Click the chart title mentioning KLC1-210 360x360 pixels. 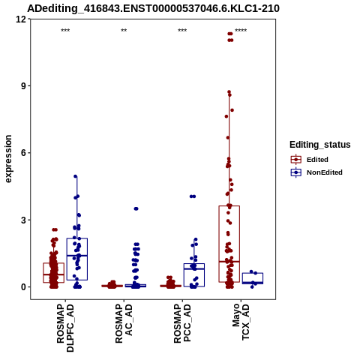coord(153,8)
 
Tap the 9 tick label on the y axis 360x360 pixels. coord(23,86)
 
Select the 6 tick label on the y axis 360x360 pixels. coord(23,153)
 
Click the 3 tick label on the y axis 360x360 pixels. coord(23,220)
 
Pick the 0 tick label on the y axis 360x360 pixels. coord(23,287)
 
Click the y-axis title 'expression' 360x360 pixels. coord(8,159)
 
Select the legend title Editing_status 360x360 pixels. coord(320,145)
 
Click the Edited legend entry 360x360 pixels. coord(310,160)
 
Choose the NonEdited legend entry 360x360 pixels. coord(316,172)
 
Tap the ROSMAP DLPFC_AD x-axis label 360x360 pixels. coord(65,328)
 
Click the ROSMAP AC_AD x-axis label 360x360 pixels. coord(124,323)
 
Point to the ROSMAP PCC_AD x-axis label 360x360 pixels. coord(182,323)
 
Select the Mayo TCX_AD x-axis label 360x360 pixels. coord(241,322)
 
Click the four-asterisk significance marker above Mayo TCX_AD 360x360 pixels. coord(241,31)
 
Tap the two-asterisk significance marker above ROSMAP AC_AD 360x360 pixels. coord(124,31)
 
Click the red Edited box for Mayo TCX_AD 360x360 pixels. coord(229,244)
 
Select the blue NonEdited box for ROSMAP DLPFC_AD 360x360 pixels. coord(77,259)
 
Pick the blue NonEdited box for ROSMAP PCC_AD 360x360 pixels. coord(194,275)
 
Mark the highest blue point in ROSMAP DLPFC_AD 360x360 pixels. coord(76,176)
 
